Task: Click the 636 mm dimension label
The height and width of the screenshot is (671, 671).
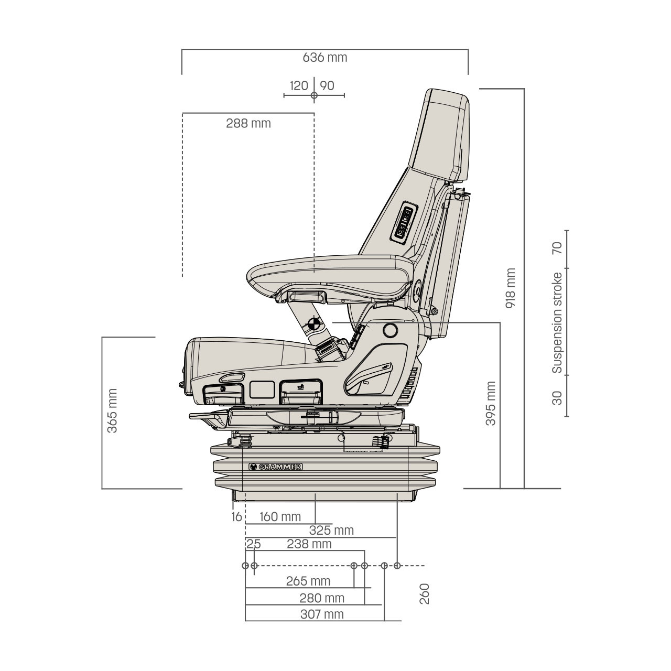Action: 325,58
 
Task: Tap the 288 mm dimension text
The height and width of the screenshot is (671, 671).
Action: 248,123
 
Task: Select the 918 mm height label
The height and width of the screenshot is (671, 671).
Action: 510,288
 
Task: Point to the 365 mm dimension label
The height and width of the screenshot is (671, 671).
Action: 112,411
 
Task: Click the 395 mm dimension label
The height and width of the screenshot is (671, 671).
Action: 491,404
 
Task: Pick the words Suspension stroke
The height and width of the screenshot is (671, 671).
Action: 557,323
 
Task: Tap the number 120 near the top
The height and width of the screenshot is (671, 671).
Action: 299,85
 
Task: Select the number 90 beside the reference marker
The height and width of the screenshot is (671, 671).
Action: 327,85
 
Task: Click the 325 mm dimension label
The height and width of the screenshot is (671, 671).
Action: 331,531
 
